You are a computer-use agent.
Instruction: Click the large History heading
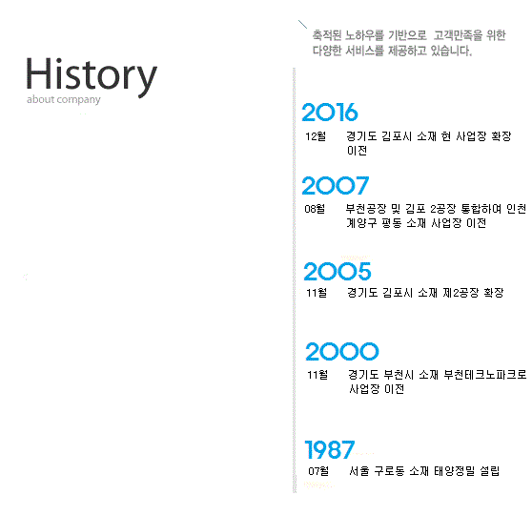pos(92,77)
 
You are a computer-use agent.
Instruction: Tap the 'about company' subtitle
pos(64,100)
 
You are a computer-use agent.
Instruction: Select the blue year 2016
pos(330,113)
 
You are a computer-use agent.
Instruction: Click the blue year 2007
pos(336,185)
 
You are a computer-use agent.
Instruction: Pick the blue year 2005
pos(338,271)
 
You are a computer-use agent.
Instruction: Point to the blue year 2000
pos(342,351)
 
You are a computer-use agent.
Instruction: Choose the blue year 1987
pos(330,449)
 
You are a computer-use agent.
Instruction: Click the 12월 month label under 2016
pos(316,136)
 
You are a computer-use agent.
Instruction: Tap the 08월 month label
pos(315,209)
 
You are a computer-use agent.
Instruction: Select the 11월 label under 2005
pos(317,293)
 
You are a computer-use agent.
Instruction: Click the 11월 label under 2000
pos(317,375)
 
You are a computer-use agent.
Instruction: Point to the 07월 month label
pos(318,471)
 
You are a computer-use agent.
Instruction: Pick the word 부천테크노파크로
pos(485,375)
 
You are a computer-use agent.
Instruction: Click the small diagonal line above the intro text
pos(302,25)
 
